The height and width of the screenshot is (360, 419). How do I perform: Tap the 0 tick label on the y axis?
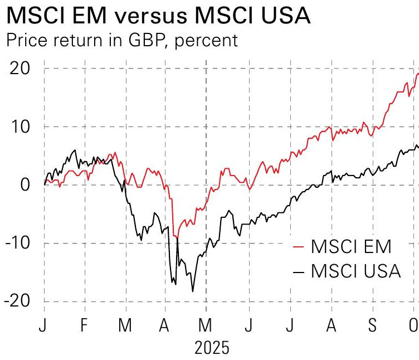pos(26,184)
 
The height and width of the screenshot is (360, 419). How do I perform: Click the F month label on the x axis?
pos(84,325)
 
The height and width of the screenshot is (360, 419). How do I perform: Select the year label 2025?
pos(212,348)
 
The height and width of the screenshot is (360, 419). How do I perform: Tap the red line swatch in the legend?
pos(300,246)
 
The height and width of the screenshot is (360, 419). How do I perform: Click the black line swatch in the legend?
pos(300,271)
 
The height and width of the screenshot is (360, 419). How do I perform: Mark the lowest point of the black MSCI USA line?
pos(193,291)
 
